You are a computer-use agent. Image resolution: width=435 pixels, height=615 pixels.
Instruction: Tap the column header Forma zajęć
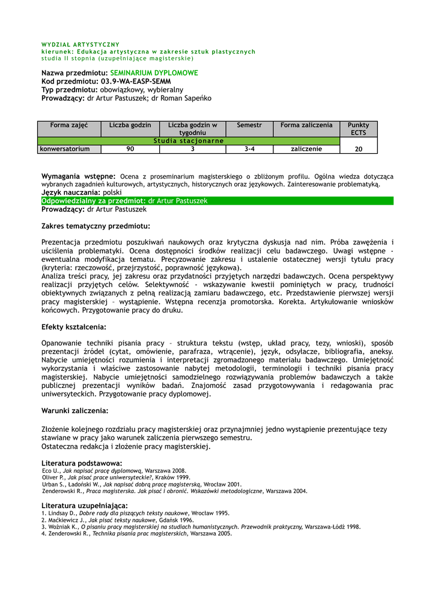pyautogui.click(x=69, y=125)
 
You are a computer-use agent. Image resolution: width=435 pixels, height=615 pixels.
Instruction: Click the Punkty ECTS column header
pyautogui.click(x=359, y=129)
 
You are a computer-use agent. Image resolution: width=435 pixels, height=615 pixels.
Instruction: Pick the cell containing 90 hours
pyautogui.click(x=130, y=149)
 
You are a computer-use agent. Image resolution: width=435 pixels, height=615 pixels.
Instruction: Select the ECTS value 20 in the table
pyautogui.click(x=359, y=149)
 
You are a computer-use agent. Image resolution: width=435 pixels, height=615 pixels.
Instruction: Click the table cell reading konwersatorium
pyautogui.click(x=65, y=149)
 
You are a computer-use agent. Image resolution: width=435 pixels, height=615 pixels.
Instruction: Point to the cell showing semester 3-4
pyautogui.click(x=249, y=149)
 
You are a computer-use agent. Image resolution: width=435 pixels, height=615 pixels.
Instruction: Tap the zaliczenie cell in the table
pyautogui.click(x=306, y=149)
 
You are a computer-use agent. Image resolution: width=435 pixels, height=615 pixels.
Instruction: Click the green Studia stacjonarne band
pyautogui.click(x=189, y=141)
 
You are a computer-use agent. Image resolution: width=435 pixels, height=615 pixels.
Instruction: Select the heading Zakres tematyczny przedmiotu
pyautogui.click(x=96, y=226)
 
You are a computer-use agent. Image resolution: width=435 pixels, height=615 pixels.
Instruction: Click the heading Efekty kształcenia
pyautogui.click(x=74, y=327)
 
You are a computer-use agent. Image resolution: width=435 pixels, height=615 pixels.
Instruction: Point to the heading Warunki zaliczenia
pyautogui.click(x=75, y=411)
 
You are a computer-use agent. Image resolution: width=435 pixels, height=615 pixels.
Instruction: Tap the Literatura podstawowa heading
pyautogui.click(x=82, y=464)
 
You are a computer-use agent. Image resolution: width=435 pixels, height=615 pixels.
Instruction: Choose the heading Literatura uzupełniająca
pyautogui.click(x=85, y=506)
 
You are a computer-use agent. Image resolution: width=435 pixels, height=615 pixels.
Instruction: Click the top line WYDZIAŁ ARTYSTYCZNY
pyautogui.click(x=81, y=44)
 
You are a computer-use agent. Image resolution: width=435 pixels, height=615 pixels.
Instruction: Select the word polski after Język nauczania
pyautogui.click(x=112, y=193)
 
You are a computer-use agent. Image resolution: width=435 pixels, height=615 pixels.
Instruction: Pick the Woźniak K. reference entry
pyautogui.click(x=201, y=527)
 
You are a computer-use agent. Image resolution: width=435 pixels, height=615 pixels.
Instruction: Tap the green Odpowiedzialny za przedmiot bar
pyautogui.click(x=217, y=201)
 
